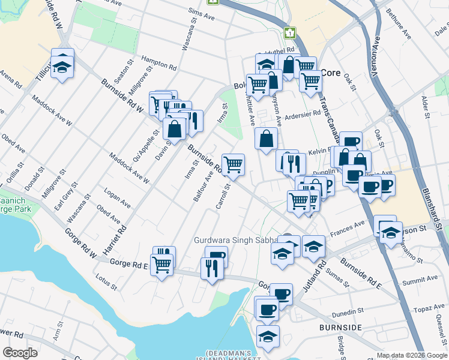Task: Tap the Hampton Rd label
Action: click(x=158, y=62)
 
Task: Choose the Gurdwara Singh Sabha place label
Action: click(x=238, y=240)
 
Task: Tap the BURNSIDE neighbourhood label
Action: click(x=341, y=328)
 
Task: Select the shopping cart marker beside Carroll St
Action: click(x=233, y=163)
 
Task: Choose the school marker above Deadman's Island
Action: click(x=268, y=335)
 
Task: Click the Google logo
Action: click(x=20, y=353)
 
